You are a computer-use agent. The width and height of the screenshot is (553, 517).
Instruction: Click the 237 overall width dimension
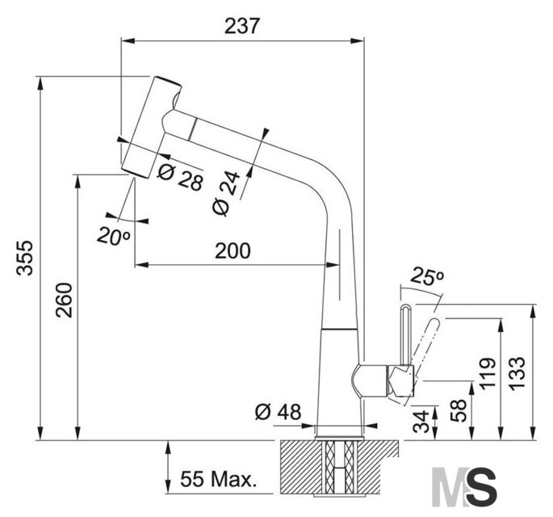[x=242, y=26]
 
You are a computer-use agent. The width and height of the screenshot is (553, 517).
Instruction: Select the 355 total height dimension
[x=25, y=258]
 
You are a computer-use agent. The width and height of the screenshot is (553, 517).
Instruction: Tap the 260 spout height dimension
[x=64, y=300]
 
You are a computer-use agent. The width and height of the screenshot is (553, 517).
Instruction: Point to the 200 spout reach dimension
[x=233, y=250]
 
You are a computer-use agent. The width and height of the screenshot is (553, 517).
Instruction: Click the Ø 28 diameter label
[x=180, y=177]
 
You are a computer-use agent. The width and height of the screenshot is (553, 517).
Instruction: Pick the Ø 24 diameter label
[x=226, y=193]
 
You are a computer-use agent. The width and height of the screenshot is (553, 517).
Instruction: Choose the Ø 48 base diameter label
[x=279, y=412]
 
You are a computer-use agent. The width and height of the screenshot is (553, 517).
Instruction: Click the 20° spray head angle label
[x=114, y=236]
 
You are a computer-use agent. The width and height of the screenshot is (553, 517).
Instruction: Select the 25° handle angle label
[x=427, y=276]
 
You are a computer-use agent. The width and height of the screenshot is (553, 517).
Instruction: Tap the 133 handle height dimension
[x=517, y=373]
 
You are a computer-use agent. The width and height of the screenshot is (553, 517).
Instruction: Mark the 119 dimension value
[x=488, y=373]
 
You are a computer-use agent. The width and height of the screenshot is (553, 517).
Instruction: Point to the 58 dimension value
[x=459, y=410]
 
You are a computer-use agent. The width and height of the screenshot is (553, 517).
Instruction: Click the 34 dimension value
[x=421, y=422]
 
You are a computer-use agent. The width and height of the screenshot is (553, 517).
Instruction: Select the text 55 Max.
[x=218, y=479]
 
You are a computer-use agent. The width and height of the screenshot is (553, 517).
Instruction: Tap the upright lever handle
[x=405, y=335]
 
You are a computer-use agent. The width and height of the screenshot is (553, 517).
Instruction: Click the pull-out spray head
[x=152, y=127]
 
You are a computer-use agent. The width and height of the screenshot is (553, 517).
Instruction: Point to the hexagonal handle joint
[x=400, y=380]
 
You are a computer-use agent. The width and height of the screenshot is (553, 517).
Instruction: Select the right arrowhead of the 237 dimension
[x=358, y=40]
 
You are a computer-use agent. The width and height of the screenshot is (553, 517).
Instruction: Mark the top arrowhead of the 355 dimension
[x=40, y=83]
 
